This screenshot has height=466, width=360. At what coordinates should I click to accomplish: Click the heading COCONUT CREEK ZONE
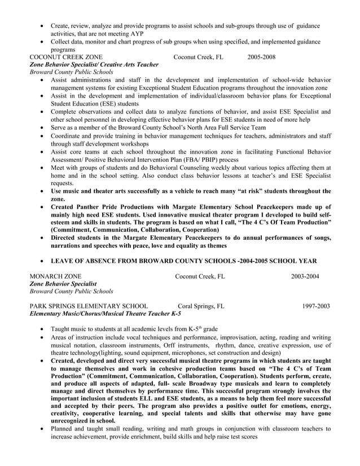(66, 57)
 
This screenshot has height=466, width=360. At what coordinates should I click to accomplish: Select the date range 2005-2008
(261, 57)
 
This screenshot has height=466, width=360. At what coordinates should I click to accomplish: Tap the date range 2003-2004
(305, 276)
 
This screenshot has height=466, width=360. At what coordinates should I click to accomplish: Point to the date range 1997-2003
(315, 306)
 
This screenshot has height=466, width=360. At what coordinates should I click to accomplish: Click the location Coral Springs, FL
(200, 306)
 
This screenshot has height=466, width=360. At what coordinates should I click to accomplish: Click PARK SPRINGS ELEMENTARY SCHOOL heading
(89, 306)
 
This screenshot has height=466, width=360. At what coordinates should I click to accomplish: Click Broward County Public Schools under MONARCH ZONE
(71, 291)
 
